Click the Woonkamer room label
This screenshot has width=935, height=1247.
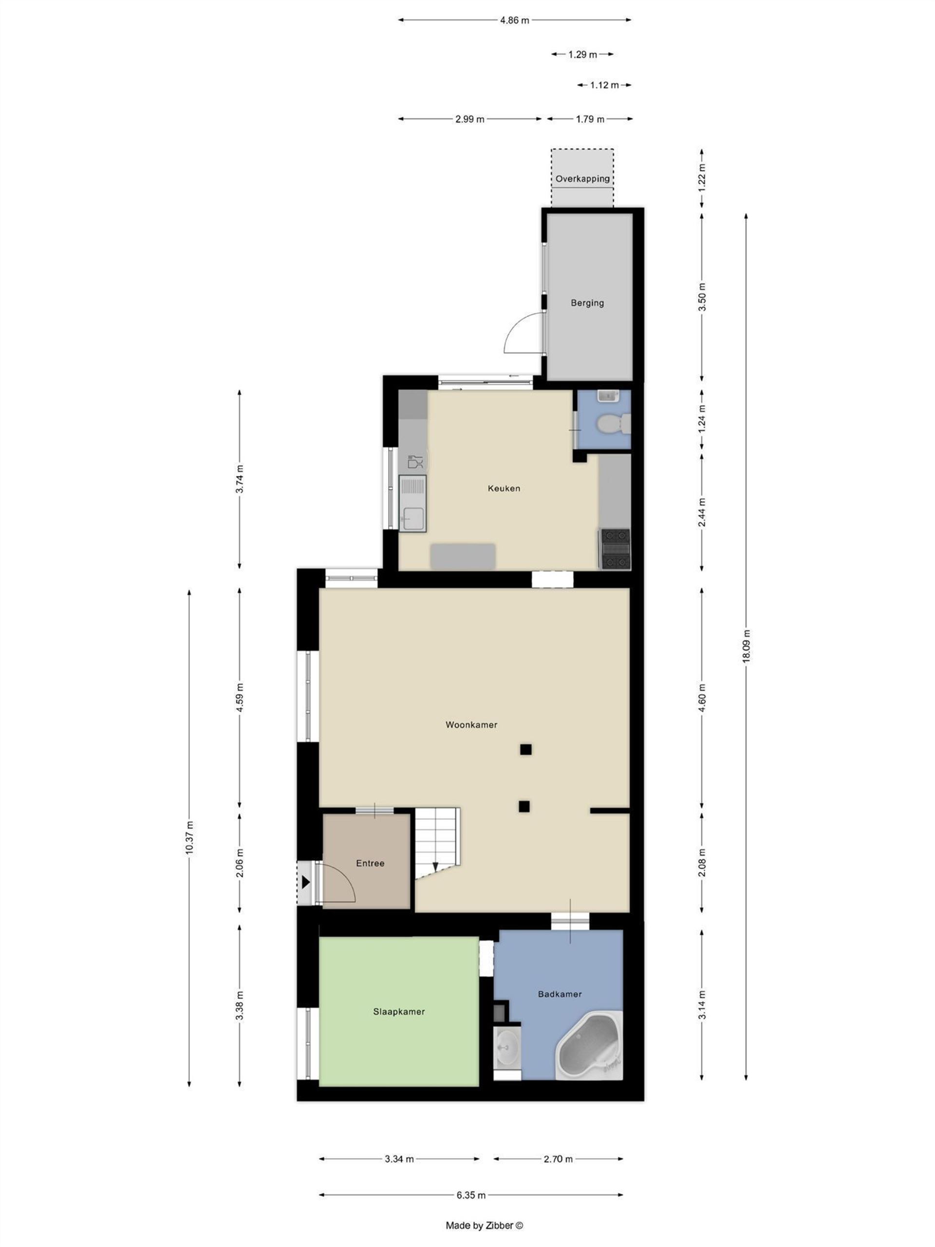[x=471, y=724]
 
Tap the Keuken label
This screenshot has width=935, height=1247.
[x=504, y=488]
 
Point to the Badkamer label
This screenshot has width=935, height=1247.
[x=560, y=994]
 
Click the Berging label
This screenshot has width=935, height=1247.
[x=587, y=302]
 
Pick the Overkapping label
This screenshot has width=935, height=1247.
[x=582, y=179]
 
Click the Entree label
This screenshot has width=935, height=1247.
[x=370, y=863]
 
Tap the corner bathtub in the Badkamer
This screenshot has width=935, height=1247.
[x=589, y=1046]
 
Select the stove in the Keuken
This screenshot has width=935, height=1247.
[x=616, y=548]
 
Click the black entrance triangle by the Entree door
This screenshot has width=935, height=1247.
[x=305, y=882]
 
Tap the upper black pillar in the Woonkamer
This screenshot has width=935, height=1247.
[x=525, y=749]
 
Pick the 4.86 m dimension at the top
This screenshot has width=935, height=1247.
[x=515, y=20]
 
